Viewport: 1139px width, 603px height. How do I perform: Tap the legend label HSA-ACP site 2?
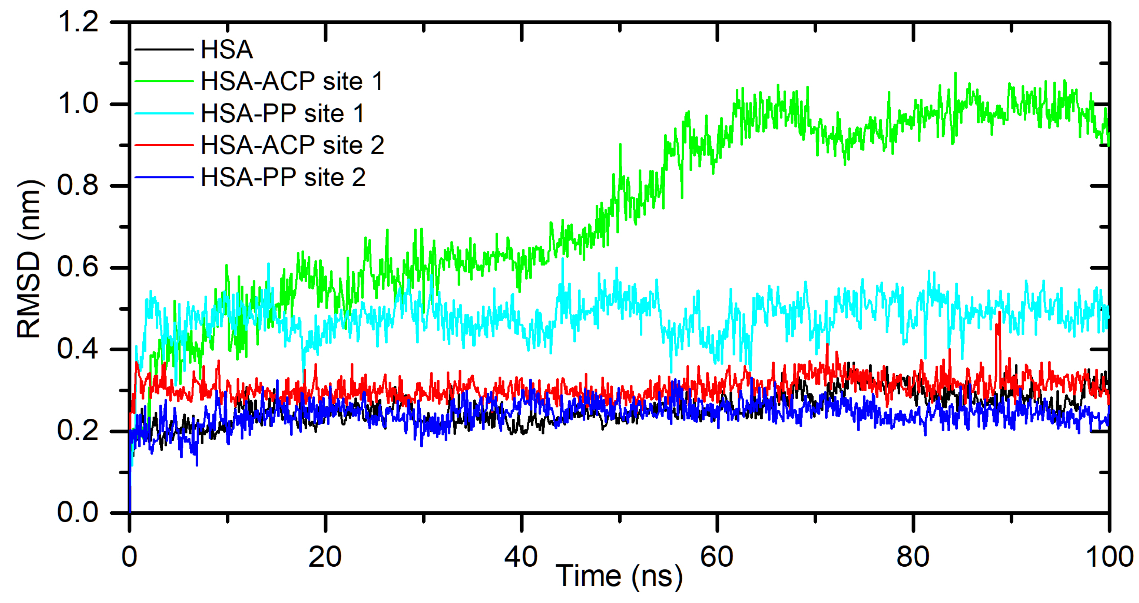[x=292, y=145]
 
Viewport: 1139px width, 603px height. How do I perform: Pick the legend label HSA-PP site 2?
[x=283, y=177]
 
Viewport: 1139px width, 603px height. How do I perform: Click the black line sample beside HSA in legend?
[x=163, y=49]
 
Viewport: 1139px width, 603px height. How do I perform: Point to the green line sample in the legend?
[x=163, y=82]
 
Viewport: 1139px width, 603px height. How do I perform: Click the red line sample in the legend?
[x=163, y=145]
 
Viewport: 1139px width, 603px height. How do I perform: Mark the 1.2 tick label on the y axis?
[x=78, y=21]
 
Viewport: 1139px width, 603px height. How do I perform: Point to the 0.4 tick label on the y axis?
[x=78, y=349]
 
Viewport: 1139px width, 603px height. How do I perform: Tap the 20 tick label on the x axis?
[x=325, y=557]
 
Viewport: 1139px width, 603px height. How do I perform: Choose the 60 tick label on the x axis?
[x=717, y=557]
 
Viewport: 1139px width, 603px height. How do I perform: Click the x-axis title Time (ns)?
[x=619, y=576]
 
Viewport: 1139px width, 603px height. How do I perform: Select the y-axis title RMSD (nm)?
[x=29, y=259]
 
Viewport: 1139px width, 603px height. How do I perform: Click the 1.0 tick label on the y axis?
[x=78, y=103]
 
